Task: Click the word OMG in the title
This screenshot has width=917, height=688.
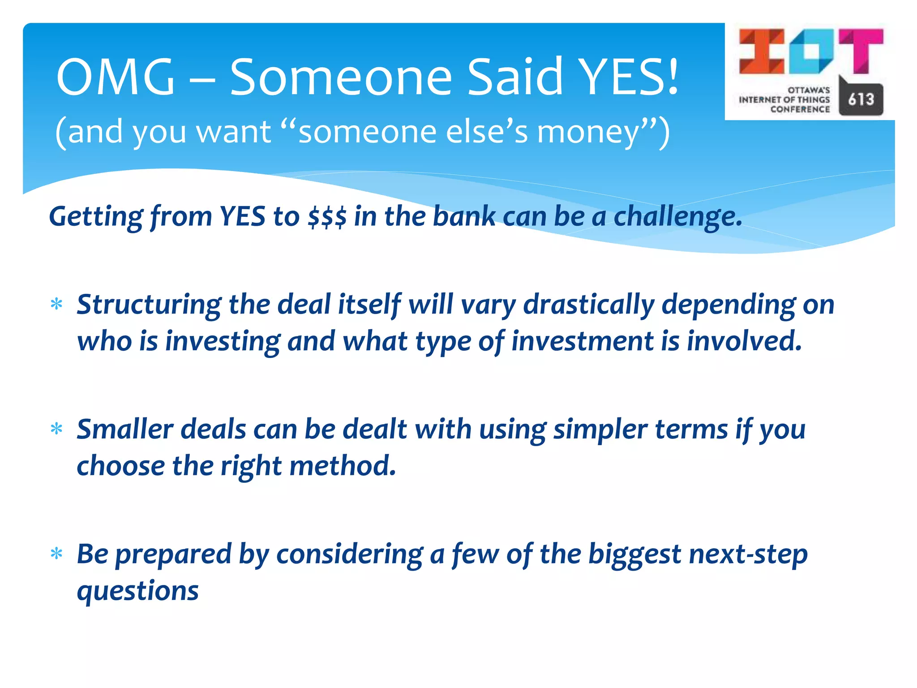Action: coord(115,77)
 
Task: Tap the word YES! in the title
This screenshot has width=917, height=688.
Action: coord(629,77)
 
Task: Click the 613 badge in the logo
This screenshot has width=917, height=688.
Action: coord(861,99)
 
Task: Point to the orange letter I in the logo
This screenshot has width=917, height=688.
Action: coord(761,52)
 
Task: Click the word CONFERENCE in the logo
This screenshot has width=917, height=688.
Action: coord(800,109)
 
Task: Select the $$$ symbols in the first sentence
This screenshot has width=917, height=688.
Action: coord(327,217)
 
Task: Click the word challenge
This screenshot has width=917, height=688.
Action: coord(677,217)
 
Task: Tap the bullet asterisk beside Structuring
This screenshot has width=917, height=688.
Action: coord(56,305)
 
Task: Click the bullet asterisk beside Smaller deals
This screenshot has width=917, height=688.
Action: coord(56,429)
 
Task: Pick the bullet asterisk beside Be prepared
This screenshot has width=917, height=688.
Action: coord(56,554)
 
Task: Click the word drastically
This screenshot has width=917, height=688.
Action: coord(588,305)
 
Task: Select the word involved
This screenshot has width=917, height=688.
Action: coord(744,341)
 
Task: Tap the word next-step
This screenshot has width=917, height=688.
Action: coord(748,555)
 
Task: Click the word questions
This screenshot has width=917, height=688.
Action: coord(137,591)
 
